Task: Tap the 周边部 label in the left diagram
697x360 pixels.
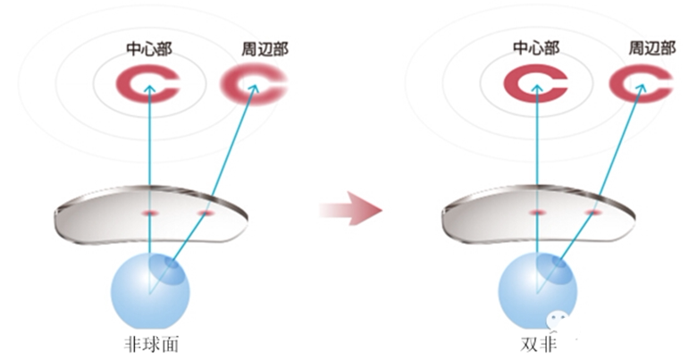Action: click(x=265, y=48)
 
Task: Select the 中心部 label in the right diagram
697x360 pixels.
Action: click(x=536, y=48)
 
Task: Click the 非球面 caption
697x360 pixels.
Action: click(x=150, y=343)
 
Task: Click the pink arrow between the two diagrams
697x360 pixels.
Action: click(x=350, y=211)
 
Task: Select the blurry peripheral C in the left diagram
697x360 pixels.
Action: click(x=254, y=86)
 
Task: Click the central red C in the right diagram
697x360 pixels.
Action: click(x=535, y=86)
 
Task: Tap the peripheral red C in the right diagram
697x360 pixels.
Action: click(x=640, y=86)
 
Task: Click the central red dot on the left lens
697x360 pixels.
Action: click(x=150, y=213)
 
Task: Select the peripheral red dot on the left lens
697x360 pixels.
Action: click(x=206, y=213)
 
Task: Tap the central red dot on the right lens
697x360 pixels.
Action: click(x=537, y=213)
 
